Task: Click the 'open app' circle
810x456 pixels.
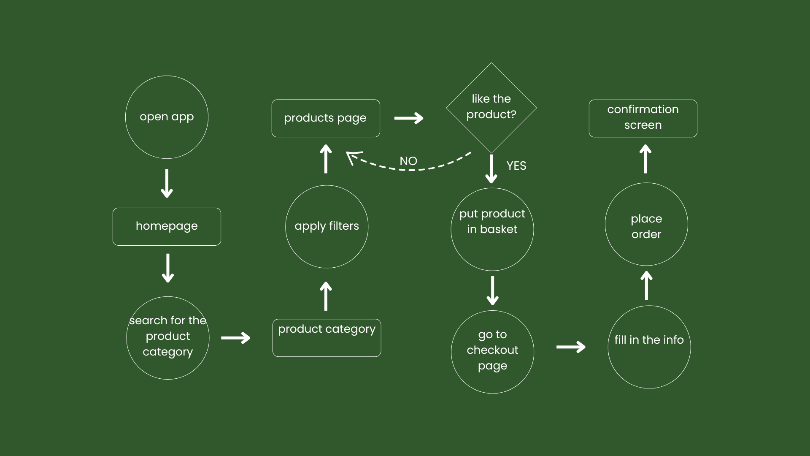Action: (x=167, y=117)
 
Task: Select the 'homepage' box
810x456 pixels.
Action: (x=167, y=226)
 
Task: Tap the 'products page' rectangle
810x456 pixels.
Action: (x=325, y=118)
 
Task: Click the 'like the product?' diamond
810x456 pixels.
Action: (x=491, y=107)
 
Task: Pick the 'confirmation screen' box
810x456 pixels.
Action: (x=643, y=118)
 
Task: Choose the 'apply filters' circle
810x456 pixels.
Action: (x=327, y=226)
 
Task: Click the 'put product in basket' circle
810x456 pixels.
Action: (x=492, y=229)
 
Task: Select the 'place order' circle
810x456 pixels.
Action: (x=646, y=224)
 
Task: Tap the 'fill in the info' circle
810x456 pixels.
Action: (x=649, y=347)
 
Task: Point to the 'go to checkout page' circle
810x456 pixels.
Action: (x=492, y=352)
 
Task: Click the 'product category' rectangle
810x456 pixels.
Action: (x=327, y=337)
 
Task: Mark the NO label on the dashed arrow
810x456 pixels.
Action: (x=408, y=161)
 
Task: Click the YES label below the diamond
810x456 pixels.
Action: (x=516, y=166)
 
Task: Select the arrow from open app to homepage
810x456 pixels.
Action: (x=167, y=183)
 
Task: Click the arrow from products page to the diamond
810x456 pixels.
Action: (x=408, y=118)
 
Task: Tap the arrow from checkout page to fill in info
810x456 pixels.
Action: (x=570, y=347)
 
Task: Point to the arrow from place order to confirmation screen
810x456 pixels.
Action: (x=645, y=159)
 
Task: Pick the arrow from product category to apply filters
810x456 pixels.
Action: (x=326, y=296)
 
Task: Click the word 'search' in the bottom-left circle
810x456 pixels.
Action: (x=148, y=320)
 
